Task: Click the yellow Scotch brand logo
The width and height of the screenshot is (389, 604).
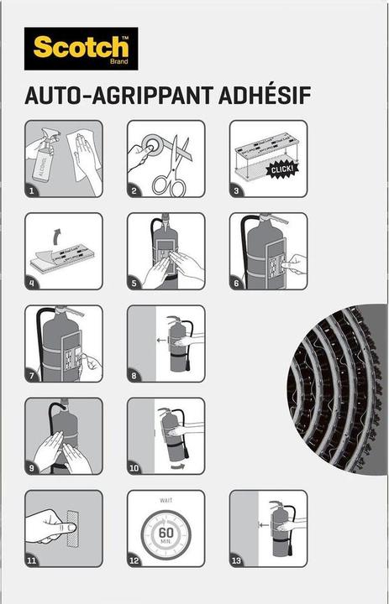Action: pos(81,49)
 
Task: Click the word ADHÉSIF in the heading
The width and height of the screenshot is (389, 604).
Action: pos(265,96)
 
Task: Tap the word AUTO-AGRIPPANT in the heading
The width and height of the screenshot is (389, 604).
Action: pos(118,96)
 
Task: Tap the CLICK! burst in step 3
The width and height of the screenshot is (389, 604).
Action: pos(282,169)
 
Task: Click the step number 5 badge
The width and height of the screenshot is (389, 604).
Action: pos(134,284)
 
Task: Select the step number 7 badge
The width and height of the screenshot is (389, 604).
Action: pos(31,376)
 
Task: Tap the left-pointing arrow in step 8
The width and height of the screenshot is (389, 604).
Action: pos(161,340)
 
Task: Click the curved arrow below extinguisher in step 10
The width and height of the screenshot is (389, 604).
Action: pos(178,467)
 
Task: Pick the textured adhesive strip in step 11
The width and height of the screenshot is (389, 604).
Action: pos(72,528)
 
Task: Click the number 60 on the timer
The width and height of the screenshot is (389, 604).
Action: pos(166,534)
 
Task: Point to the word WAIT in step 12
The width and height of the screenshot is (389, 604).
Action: pos(166,500)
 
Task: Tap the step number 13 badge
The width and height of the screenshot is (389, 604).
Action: pos(237,560)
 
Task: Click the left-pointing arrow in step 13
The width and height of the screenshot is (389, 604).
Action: pos(264,524)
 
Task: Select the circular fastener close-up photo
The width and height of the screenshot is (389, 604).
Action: pos(337,389)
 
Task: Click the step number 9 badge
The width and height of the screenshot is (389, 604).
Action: pos(32,468)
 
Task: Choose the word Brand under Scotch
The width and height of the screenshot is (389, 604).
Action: pos(118,61)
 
